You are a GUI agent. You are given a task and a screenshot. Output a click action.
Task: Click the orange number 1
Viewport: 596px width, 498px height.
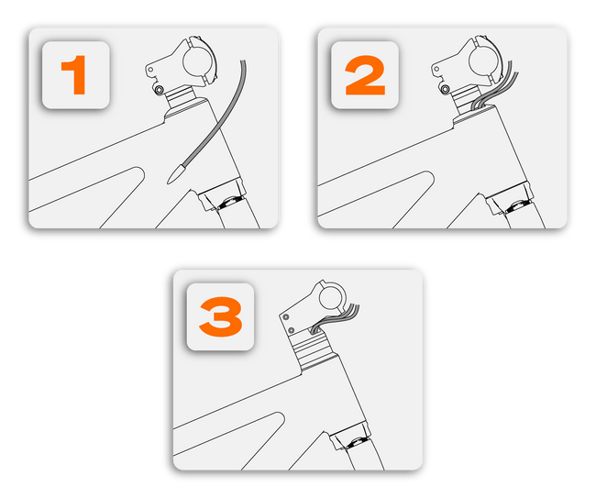(74, 75)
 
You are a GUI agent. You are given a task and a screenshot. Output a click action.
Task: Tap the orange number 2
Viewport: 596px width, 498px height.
(365, 75)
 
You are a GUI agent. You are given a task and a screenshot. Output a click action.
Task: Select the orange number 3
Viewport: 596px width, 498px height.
(221, 316)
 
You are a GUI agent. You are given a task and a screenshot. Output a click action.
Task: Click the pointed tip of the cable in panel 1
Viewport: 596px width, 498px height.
(168, 183)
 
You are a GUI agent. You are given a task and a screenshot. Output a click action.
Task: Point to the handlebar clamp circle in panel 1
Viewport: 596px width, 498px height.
(197, 61)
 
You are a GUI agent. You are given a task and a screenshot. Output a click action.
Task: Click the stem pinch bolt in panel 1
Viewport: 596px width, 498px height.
(159, 89)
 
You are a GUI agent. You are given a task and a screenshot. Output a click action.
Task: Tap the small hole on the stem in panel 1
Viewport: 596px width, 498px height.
(150, 70)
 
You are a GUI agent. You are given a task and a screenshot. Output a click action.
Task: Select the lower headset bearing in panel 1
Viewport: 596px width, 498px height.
(228, 203)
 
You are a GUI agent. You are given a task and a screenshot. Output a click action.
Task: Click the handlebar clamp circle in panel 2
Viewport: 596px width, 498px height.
(483, 61)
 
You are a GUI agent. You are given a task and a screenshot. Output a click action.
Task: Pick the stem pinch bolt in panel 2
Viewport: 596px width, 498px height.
(445, 89)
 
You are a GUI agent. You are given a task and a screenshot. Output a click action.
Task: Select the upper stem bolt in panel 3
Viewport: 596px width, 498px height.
(286, 317)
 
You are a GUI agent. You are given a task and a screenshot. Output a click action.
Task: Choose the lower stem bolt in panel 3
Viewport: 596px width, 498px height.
(292, 329)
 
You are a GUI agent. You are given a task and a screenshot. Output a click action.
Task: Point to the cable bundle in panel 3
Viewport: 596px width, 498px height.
(335, 316)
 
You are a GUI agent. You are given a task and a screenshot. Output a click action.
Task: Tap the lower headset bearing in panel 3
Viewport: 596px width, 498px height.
(357, 443)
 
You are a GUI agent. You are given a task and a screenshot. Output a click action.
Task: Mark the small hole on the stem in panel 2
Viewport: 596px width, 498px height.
(436, 70)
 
